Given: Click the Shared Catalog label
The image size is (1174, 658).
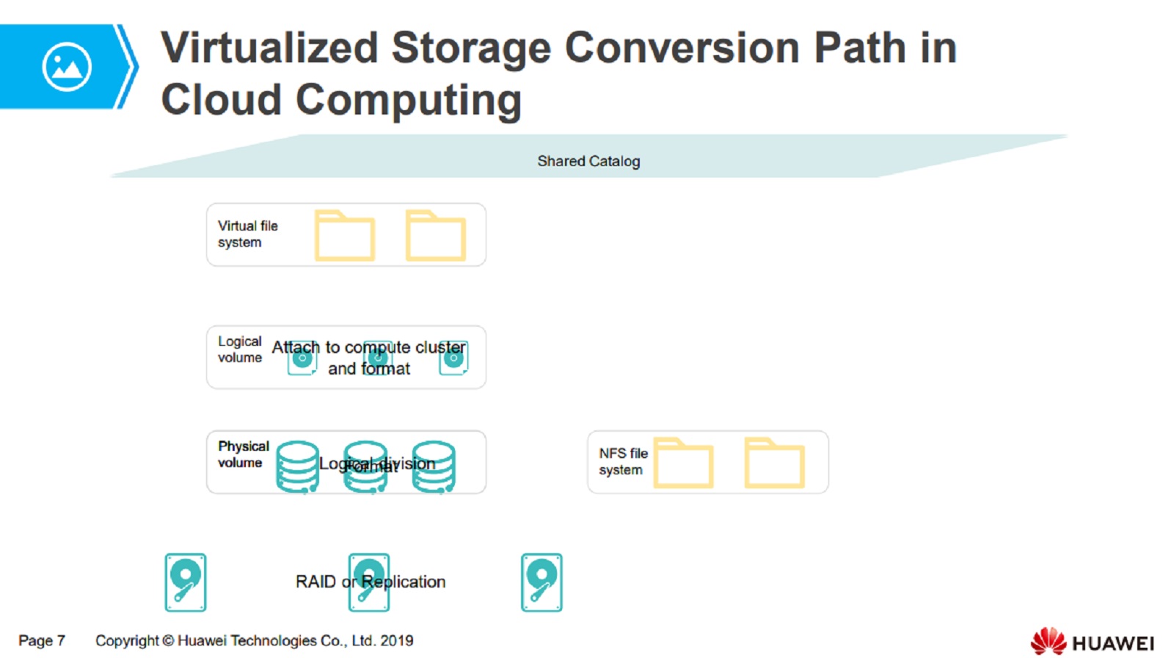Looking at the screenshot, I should [x=588, y=161].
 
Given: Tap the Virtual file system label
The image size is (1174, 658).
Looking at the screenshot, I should [x=247, y=234].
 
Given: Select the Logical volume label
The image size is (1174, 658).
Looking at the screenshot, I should [x=239, y=350].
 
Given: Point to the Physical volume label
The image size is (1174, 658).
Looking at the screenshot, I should [x=243, y=454].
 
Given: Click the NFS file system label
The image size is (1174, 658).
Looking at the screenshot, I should [x=623, y=461].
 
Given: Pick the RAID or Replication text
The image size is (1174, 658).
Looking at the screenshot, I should [x=371, y=582].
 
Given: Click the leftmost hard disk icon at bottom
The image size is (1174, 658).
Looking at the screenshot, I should [x=186, y=582].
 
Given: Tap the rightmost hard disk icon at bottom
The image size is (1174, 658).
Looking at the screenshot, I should [x=542, y=582].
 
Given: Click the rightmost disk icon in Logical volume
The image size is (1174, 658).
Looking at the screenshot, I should [x=453, y=358].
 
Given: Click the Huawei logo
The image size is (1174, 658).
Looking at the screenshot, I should [x=1092, y=642].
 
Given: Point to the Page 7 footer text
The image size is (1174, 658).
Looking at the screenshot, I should [x=42, y=640].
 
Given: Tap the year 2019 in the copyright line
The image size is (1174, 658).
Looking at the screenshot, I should [x=397, y=640].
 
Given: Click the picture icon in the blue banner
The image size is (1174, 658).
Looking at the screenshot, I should [x=67, y=67].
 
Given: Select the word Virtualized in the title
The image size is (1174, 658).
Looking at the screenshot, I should [x=269, y=48].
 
